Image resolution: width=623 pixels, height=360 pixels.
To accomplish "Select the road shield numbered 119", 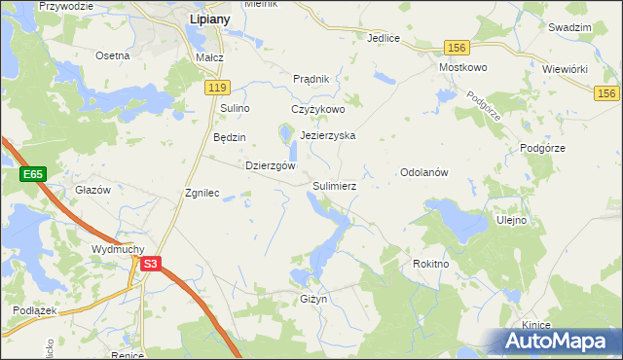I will [217, 88].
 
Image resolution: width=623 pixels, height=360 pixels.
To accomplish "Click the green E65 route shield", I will [32, 173].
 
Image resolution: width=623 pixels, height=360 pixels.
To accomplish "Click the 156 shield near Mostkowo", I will [457, 47].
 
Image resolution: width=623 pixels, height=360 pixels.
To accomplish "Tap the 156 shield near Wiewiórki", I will [607, 91].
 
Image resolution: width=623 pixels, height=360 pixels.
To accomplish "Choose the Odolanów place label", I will [423, 172].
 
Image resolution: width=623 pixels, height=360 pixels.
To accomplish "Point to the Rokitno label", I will [430, 263].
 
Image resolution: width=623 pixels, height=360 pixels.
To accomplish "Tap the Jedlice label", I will [384, 38].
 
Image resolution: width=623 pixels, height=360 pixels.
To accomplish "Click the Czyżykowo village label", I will [318, 109].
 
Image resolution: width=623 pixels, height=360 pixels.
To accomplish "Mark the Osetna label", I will [112, 55].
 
